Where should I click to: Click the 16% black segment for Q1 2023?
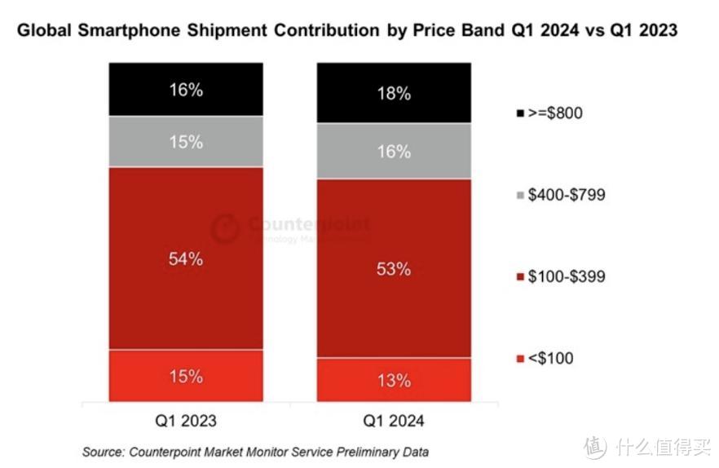186,90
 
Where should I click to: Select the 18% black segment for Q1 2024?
394,93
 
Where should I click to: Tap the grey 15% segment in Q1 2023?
186,142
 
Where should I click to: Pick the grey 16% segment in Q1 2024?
394,151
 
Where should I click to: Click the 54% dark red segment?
186,259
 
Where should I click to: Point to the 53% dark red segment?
394,268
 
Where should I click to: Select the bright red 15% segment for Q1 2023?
186,376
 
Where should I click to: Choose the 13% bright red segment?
394,380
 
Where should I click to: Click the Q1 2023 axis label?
186,422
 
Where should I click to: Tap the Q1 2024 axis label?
394,422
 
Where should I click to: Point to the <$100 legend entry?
546,358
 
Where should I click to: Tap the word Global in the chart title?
41,31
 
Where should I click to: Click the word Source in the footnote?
103,451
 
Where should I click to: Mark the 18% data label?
394,93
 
